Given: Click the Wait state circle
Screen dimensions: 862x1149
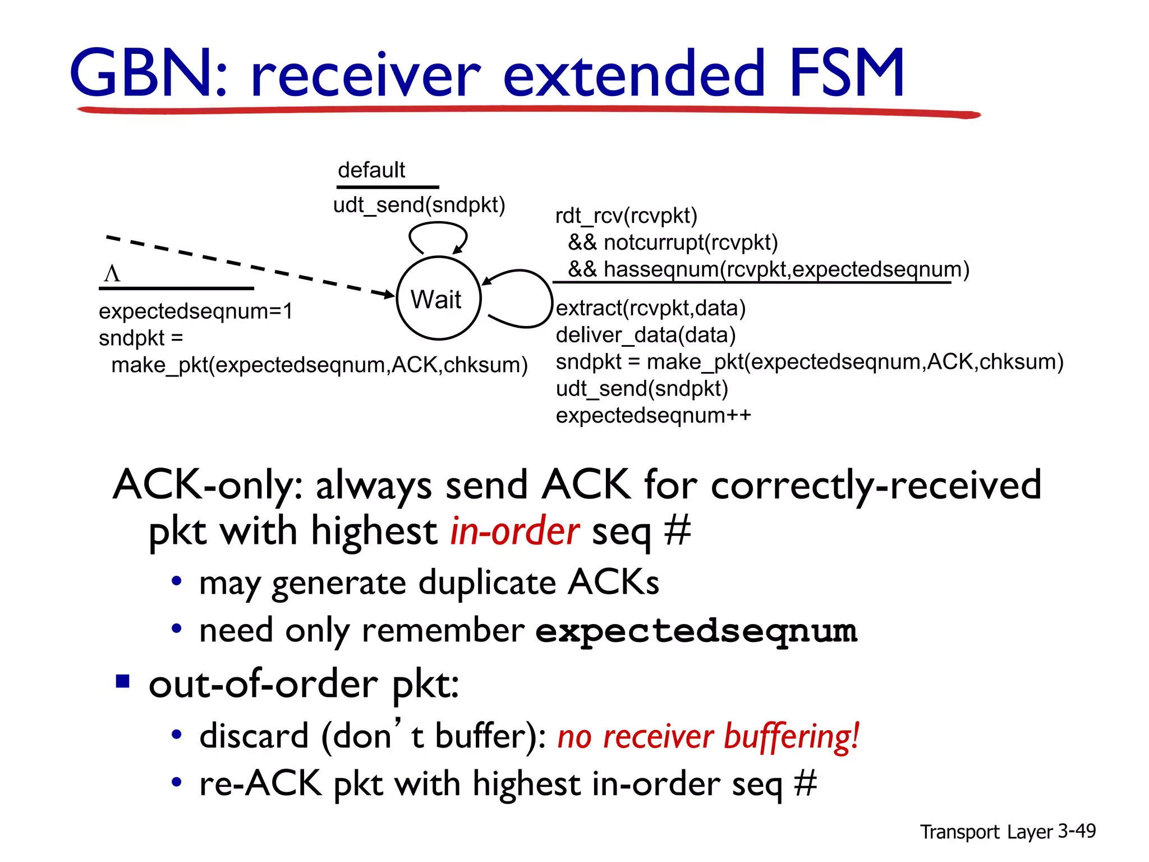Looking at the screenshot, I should [438, 298].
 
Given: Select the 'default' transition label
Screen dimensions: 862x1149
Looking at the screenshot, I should [371, 169].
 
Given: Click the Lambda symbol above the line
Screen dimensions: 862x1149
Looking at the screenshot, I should [112, 274].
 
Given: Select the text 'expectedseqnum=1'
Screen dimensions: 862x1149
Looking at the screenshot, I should [196, 311].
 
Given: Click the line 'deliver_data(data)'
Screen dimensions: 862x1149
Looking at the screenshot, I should [645, 335].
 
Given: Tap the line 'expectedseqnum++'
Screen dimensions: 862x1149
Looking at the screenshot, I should [653, 415].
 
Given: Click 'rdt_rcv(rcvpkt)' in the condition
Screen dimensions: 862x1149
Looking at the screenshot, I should [626, 215].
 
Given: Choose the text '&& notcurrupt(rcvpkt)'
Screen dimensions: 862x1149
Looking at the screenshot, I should [673, 242].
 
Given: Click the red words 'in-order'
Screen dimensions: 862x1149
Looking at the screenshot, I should [514, 531].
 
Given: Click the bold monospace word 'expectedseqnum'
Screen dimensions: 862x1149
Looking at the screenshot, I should [696, 631].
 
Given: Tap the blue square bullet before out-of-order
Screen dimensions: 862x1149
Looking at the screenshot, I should [122, 681].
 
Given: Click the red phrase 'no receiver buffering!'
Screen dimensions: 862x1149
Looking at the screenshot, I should [708, 736].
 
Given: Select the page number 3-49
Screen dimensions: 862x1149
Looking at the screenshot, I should [1076, 831].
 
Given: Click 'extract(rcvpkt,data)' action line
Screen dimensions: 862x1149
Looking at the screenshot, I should [651, 308].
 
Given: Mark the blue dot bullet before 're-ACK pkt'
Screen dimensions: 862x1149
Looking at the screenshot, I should [177, 782].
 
